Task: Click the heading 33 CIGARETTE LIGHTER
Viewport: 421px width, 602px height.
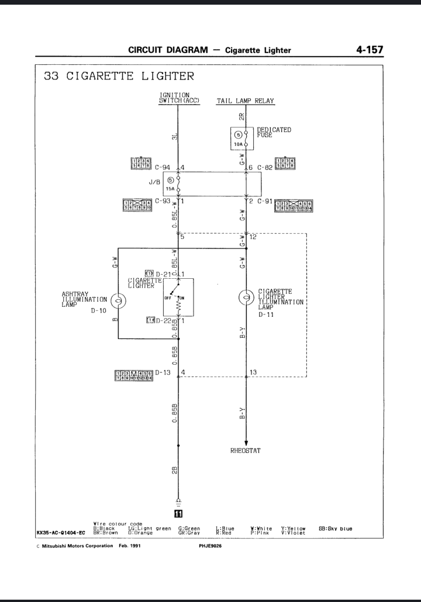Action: click(119, 77)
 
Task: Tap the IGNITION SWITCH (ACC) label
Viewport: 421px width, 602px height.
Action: click(179, 98)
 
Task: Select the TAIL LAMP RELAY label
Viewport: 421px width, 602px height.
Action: click(246, 101)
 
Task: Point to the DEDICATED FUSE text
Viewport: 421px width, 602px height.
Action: click(274, 132)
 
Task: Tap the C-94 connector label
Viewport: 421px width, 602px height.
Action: click(162, 167)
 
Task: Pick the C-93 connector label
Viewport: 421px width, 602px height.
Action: click(162, 201)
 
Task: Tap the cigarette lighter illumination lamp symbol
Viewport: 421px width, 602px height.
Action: click(246, 297)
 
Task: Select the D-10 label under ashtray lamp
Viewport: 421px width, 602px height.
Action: click(98, 311)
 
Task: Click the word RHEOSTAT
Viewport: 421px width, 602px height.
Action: click(246, 451)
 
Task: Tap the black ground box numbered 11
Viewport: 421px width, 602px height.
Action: click(178, 514)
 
